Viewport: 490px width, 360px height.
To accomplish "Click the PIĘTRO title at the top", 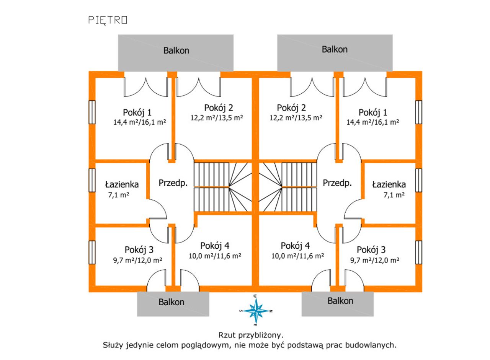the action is [x=108, y=21].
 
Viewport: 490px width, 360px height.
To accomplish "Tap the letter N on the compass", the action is [x=271, y=311].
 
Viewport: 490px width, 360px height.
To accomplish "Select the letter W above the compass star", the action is [x=255, y=296].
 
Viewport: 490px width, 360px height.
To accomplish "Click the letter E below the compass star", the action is [x=255, y=325].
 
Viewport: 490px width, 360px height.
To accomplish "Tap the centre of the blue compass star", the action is [x=256, y=311].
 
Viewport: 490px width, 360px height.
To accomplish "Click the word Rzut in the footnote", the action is [x=226, y=335].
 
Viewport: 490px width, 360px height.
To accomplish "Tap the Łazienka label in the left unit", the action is [x=122, y=185].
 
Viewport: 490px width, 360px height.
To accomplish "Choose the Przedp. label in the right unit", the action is [x=337, y=183].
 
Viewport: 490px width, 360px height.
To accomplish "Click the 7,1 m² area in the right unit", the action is [x=394, y=195].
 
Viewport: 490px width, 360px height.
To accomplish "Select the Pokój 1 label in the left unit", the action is [x=137, y=113].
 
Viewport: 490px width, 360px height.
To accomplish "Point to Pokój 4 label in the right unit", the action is [x=295, y=246].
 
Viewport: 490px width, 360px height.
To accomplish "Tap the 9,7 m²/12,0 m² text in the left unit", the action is [x=137, y=261].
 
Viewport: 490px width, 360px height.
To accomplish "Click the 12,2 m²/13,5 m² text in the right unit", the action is [x=296, y=118].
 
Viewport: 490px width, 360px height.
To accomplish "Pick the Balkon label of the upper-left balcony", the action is [x=176, y=51].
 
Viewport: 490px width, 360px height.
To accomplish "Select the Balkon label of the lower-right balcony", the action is [x=340, y=301].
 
